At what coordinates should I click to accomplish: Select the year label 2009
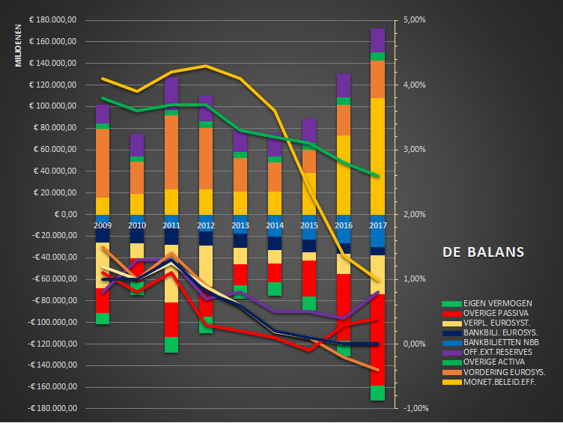[x=103, y=225]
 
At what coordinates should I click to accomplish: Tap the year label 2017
[x=377, y=225]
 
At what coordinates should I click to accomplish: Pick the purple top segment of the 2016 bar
[x=344, y=85]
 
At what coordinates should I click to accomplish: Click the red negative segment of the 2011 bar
[x=171, y=319]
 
